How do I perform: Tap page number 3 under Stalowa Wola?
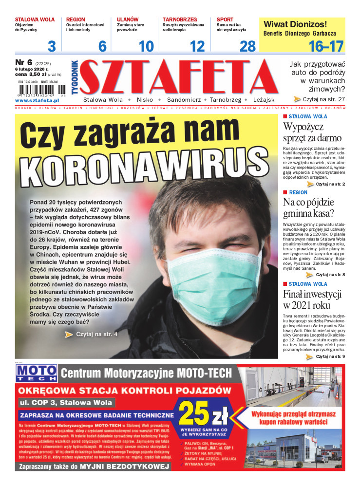tap(52, 46)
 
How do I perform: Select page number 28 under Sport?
tap(247, 46)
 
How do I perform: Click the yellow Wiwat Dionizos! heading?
tap(295, 24)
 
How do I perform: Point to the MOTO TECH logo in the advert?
tap(37, 373)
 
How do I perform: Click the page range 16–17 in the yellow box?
tap(326, 46)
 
